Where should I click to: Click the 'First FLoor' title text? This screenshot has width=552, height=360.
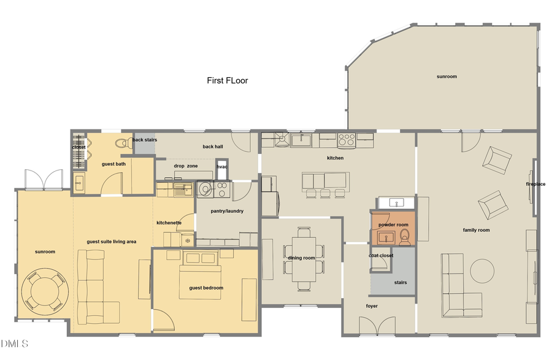[227, 80]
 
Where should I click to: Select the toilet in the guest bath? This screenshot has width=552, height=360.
[121, 144]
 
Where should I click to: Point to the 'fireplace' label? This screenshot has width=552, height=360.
[535, 184]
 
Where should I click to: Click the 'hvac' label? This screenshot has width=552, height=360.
[222, 166]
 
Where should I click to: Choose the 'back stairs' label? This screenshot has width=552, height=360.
[145, 140]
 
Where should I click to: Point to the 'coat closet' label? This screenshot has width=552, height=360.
[381, 255]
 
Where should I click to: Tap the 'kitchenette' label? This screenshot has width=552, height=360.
[169, 223]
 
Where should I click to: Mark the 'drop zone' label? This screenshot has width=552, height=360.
[185, 166]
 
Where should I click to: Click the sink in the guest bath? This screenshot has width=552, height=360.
[79, 182]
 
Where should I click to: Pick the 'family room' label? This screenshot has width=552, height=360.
[476, 230]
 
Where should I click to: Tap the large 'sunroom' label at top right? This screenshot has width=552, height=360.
[447, 77]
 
